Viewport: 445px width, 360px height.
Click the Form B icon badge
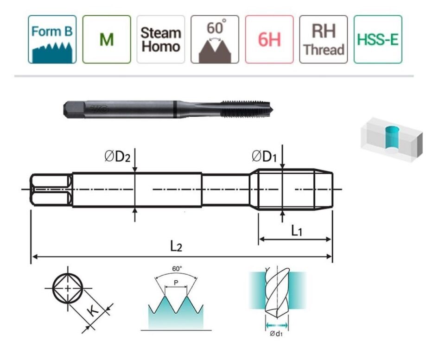pos(52,39)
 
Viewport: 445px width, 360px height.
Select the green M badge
pos(106,39)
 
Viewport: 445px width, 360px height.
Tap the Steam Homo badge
pos(160,39)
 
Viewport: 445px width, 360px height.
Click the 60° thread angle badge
pos(215,39)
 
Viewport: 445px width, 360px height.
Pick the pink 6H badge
pos(269,39)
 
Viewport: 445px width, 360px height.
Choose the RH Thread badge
pos(323,39)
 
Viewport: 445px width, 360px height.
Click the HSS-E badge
pos(377,39)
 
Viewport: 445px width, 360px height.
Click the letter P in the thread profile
pos(176,283)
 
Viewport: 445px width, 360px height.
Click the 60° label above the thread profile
pos(177,269)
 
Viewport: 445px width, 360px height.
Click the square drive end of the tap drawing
pos(51,189)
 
